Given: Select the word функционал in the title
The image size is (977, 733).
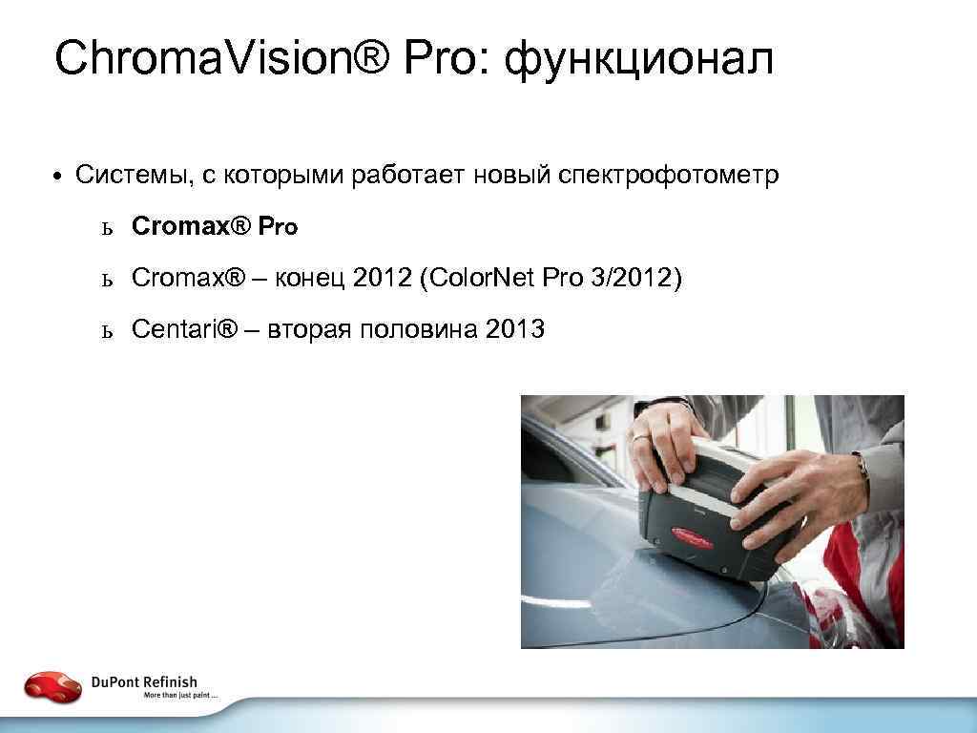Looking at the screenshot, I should pos(638,61).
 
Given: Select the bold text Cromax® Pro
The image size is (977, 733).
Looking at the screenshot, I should pos(215,226).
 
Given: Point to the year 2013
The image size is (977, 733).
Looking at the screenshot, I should pos(515,329).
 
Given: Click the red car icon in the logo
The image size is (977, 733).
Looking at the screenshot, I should pos(53,686).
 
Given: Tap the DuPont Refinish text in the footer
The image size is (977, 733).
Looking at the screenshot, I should pos(144,681).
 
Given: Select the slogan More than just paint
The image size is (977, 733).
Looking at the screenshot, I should pos(181,696).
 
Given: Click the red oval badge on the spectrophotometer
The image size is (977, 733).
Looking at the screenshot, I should pos(700,535).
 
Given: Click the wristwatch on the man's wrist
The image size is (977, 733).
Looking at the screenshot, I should pos(863,467).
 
